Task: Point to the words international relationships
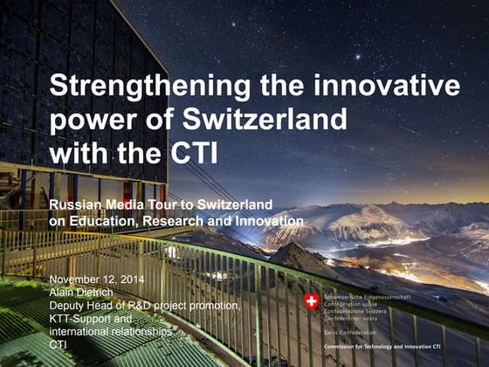(x=109, y=331)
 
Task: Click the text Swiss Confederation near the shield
(x=352, y=333)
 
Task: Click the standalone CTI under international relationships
(x=59, y=344)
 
